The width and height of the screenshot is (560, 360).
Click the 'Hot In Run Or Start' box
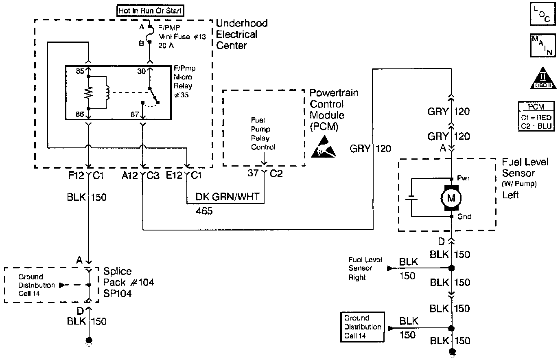[x=150, y=11]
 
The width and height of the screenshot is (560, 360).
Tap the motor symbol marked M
[x=451, y=198]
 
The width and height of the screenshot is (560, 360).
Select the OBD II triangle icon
[x=543, y=78]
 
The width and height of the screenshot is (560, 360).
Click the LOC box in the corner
[x=542, y=14]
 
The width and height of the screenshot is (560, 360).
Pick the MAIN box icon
[x=542, y=46]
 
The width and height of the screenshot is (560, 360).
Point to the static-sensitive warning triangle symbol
[x=323, y=147]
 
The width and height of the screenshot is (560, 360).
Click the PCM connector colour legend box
[x=536, y=116]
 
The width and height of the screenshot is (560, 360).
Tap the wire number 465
[x=204, y=211]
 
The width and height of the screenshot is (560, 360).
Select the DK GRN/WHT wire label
[x=227, y=197]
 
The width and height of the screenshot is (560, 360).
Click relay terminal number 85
[x=80, y=71]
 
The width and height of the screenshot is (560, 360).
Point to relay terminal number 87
[x=134, y=114]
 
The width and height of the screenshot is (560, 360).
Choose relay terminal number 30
[x=141, y=71]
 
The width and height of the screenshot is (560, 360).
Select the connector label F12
[x=76, y=176]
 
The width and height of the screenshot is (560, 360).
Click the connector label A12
[x=130, y=176]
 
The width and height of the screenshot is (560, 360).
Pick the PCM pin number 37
[x=253, y=173]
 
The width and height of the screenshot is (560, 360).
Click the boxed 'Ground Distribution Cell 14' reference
[x=362, y=327]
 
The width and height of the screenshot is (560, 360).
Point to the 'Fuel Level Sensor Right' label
[x=365, y=268]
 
